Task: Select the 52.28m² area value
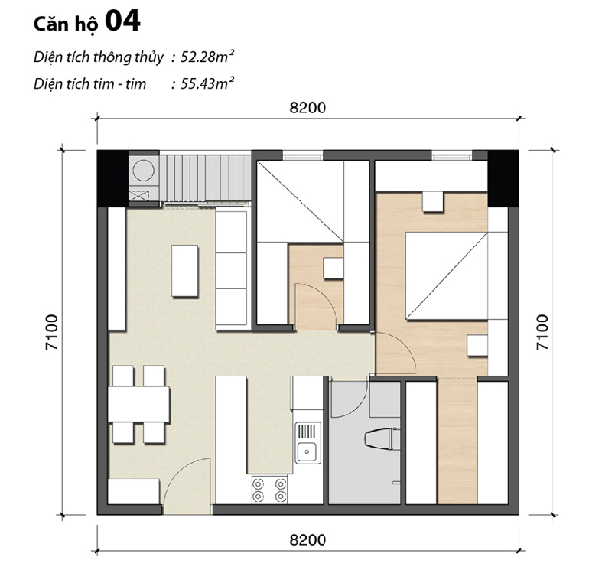202,57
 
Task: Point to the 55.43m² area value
202,83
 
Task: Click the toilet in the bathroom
380,441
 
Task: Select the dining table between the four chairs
138,404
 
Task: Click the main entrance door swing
187,482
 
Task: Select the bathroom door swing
348,399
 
